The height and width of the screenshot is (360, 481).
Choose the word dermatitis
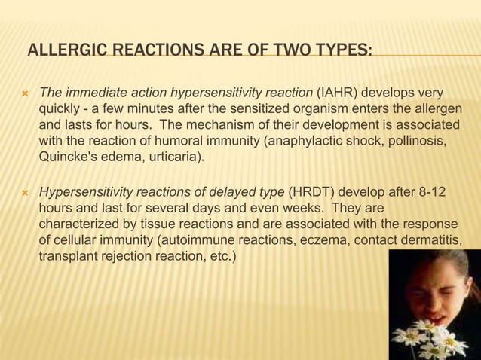[429, 239]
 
